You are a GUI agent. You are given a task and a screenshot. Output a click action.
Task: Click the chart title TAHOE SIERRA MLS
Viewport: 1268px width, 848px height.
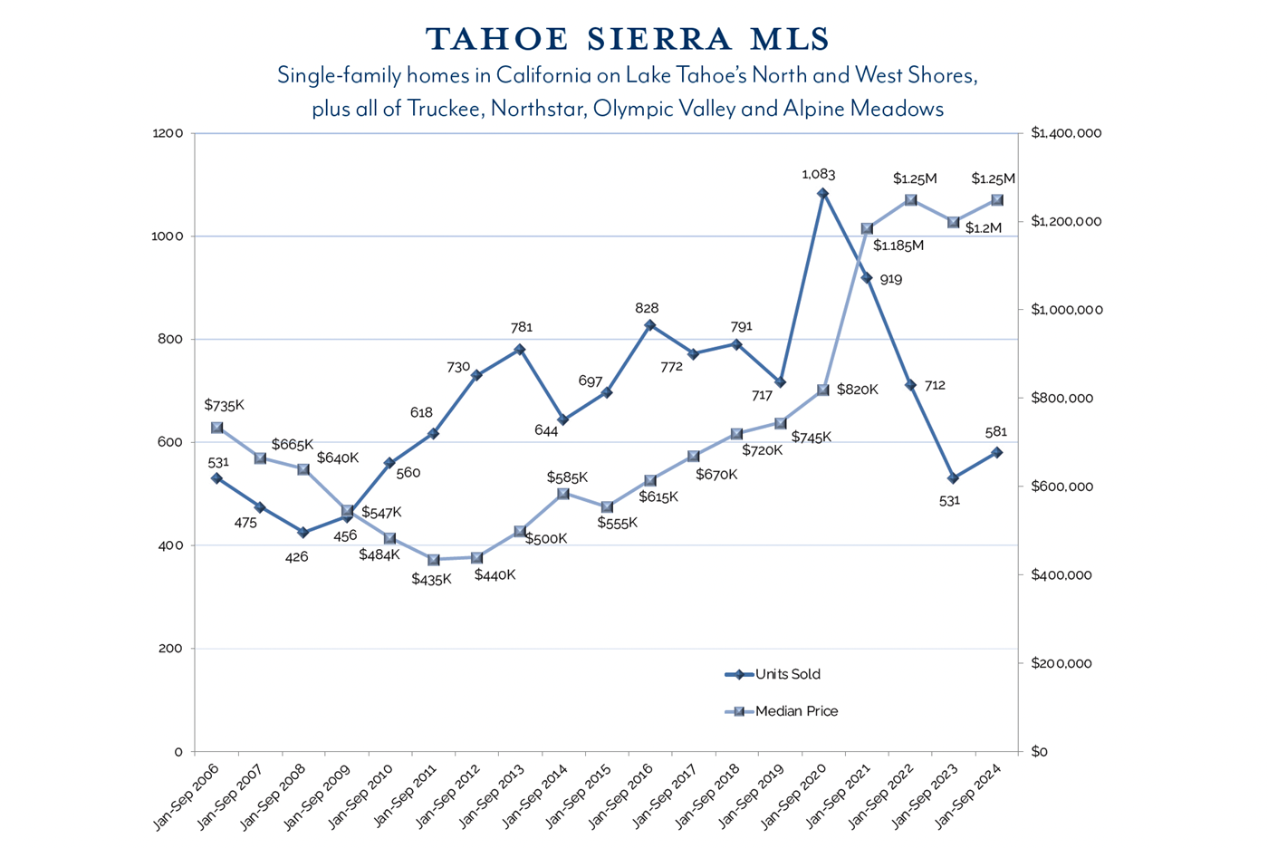click(x=628, y=39)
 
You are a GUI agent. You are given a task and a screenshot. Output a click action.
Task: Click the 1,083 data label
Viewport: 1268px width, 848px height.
click(x=819, y=174)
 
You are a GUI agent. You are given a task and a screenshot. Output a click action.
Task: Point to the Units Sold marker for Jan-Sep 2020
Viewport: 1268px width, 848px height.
click(x=822, y=194)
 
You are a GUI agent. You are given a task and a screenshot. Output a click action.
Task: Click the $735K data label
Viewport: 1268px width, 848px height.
click(x=224, y=405)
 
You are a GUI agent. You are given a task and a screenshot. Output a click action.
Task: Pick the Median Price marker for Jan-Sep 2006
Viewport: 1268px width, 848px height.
click(x=217, y=428)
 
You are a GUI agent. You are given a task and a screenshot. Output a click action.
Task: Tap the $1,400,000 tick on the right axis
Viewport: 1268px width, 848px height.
click(x=1066, y=133)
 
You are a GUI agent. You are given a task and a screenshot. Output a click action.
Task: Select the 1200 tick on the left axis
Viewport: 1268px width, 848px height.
click(x=168, y=133)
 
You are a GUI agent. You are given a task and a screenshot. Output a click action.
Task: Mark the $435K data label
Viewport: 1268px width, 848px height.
click(x=431, y=579)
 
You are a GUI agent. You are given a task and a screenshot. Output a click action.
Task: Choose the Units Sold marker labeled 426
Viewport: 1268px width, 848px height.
click(x=303, y=533)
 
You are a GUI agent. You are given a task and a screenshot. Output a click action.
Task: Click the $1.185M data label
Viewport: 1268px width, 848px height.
click(x=898, y=246)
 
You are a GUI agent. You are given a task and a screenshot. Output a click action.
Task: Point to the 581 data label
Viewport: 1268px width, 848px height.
click(x=995, y=432)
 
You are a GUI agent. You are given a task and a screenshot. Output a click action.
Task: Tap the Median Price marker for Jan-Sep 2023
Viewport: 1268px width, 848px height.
click(x=953, y=222)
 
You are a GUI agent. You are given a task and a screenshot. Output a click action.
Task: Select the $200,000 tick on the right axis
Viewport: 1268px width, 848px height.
click(x=1061, y=663)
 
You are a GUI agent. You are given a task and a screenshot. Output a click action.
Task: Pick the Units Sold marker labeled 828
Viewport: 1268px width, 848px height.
click(x=649, y=325)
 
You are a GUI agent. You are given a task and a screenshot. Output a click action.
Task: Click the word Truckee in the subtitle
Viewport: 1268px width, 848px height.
click(x=445, y=109)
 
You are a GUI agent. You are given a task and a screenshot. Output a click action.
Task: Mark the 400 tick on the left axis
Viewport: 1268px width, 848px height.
click(x=171, y=545)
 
